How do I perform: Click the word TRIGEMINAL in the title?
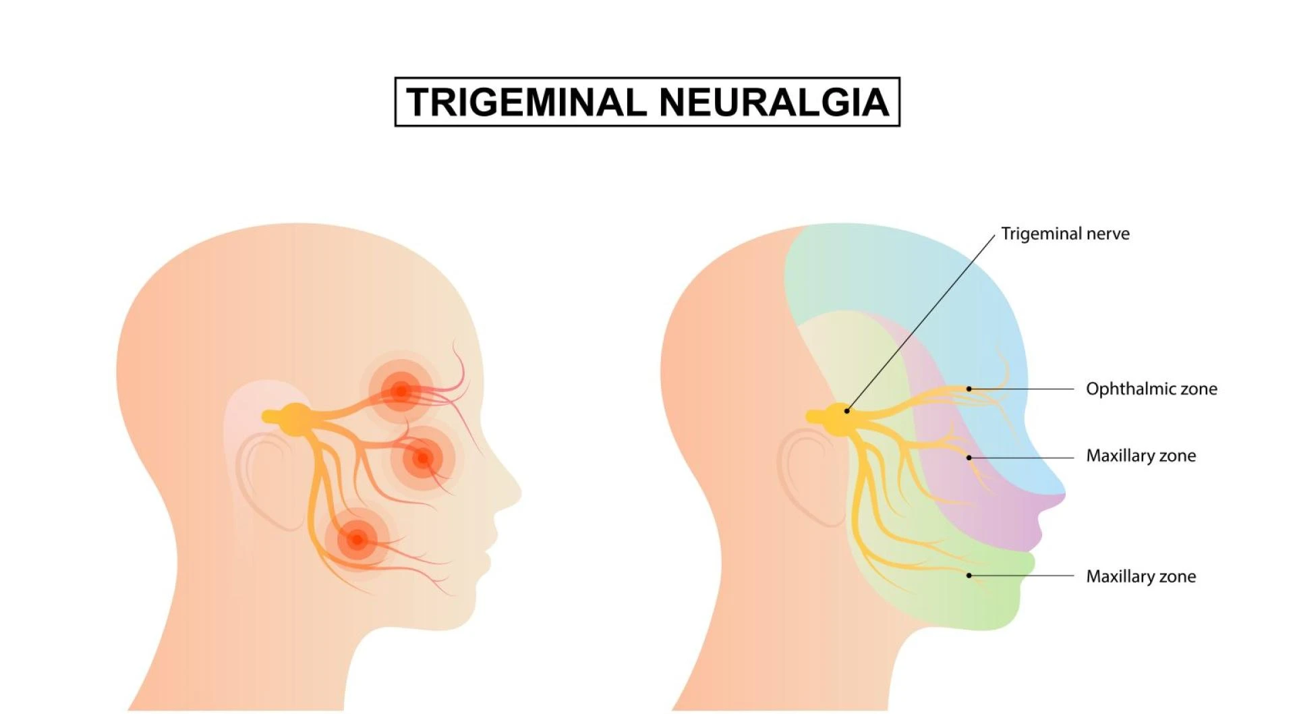click(526, 102)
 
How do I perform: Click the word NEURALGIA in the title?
click(774, 102)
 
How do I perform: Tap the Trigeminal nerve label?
click(1065, 234)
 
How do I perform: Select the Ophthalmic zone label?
click(1151, 389)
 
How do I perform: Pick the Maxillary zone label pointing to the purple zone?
click(1141, 456)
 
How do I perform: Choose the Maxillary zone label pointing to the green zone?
click(1141, 576)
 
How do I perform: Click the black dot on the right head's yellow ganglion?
click(846, 410)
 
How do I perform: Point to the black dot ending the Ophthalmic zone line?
click(969, 389)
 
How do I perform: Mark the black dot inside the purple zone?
click(969, 458)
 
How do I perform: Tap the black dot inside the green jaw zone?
click(969, 576)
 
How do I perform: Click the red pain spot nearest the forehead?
click(401, 390)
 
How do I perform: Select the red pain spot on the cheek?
click(423, 458)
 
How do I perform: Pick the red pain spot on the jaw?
click(357, 539)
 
